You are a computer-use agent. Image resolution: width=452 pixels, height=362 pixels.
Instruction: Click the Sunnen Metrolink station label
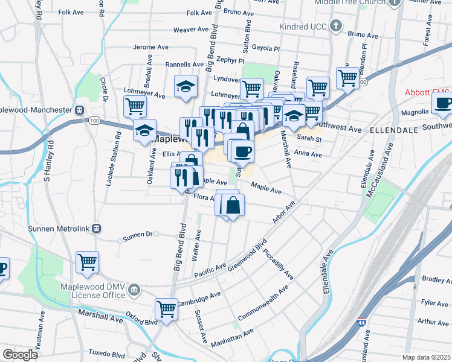[x=59, y=229]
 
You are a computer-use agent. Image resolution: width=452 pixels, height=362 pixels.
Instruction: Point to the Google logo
[x=21, y=355]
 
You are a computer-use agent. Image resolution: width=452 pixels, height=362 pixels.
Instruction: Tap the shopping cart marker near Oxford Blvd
[x=166, y=309]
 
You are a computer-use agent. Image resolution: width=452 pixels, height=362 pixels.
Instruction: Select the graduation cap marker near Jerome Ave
[x=186, y=86]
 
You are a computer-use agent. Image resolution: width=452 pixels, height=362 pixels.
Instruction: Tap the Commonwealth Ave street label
[x=263, y=306]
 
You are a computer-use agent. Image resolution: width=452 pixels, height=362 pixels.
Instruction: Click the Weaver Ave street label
[x=191, y=30]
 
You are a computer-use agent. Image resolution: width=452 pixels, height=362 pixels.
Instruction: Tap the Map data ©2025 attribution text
[x=427, y=357]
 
